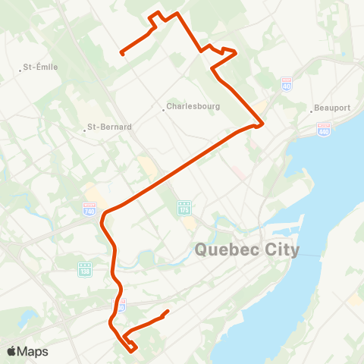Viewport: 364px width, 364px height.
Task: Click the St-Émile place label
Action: coord(41,67)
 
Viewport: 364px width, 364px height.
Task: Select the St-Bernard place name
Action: coord(110,127)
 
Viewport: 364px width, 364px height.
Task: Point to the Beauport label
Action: coord(334,108)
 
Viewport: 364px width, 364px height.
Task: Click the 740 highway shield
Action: coord(89,207)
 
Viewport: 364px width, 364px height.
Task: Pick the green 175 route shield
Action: coord(184,207)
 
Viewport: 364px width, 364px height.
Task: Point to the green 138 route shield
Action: coord(83,268)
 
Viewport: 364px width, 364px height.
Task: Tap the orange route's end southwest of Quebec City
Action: coord(167,311)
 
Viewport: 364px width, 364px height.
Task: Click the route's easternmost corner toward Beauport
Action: coord(262,124)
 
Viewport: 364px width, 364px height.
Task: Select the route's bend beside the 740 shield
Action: coord(105,213)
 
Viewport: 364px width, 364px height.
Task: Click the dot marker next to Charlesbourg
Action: coord(164,108)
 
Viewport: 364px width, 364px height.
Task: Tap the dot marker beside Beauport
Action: coord(312,108)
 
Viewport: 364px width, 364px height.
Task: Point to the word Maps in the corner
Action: coord(33,351)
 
